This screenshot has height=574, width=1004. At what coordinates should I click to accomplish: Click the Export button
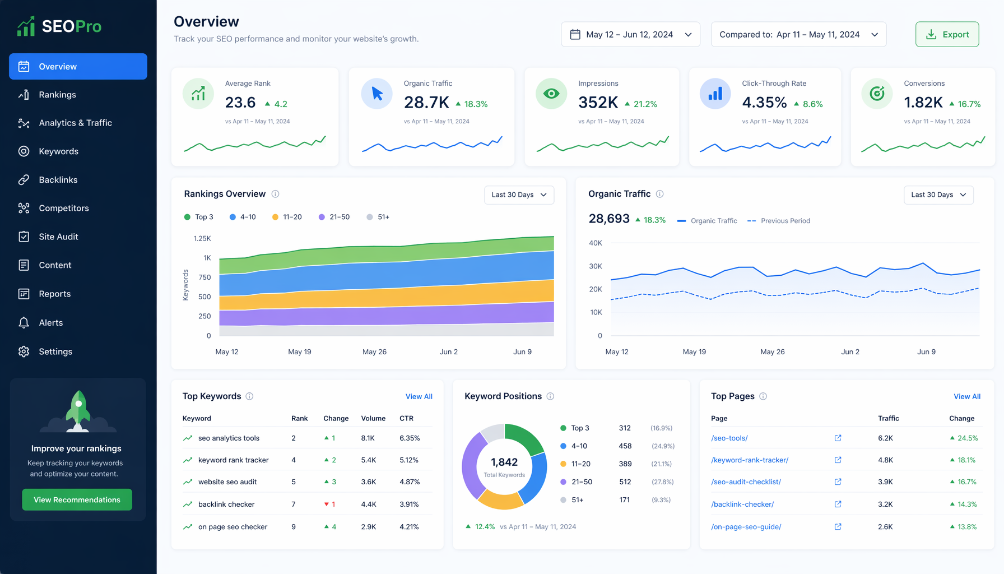pyautogui.click(x=947, y=34)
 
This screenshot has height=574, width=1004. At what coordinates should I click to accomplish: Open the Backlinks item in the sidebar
pyautogui.click(x=58, y=180)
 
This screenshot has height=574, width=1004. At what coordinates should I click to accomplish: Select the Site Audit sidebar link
pyautogui.click(x=58, y=237)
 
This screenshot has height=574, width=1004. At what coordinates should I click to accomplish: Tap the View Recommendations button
pyautogui.click(x=77, y=499)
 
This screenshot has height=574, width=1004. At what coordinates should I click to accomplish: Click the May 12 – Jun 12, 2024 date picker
pyautogui.click(x=630, y=34)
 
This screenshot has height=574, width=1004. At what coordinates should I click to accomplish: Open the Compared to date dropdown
pyautogui.click(x=798, y=34)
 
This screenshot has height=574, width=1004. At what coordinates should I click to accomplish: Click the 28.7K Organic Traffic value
pyautogui.click(x=426, y=103)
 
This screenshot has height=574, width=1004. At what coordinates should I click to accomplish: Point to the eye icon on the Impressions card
pyautogui.click(x=551, y=94)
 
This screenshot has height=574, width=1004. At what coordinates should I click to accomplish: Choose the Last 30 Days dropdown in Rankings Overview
pyautogui.click(x=519, y=195)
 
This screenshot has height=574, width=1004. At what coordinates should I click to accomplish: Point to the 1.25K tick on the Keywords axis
pyautogui.click(x=202, y=238)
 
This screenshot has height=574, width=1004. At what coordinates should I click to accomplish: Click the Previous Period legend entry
pyautogui.click(x=779, y=221)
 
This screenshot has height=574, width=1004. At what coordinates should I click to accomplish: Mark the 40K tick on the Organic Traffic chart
pyautogui.click(x=596, y=243)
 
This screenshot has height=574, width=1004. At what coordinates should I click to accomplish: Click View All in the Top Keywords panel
pyautogui.click(x=419, y=396)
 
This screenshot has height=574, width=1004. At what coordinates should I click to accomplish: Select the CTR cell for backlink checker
pyautogui.click(x=409, y=504)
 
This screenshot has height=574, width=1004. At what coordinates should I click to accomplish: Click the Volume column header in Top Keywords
pyautogui.click(x=373, y=418)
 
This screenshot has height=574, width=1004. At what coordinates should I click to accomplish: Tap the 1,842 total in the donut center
pyautogui.click(x=504, y=462)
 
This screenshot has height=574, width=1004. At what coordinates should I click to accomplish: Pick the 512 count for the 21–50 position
pyautogui.click(x=625, y=482)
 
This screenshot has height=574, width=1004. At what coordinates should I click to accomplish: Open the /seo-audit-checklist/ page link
pyautogui.click(x=746, y=482)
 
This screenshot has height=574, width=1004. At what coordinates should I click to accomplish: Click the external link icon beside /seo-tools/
pyautogui.click(x=838, y=438)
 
